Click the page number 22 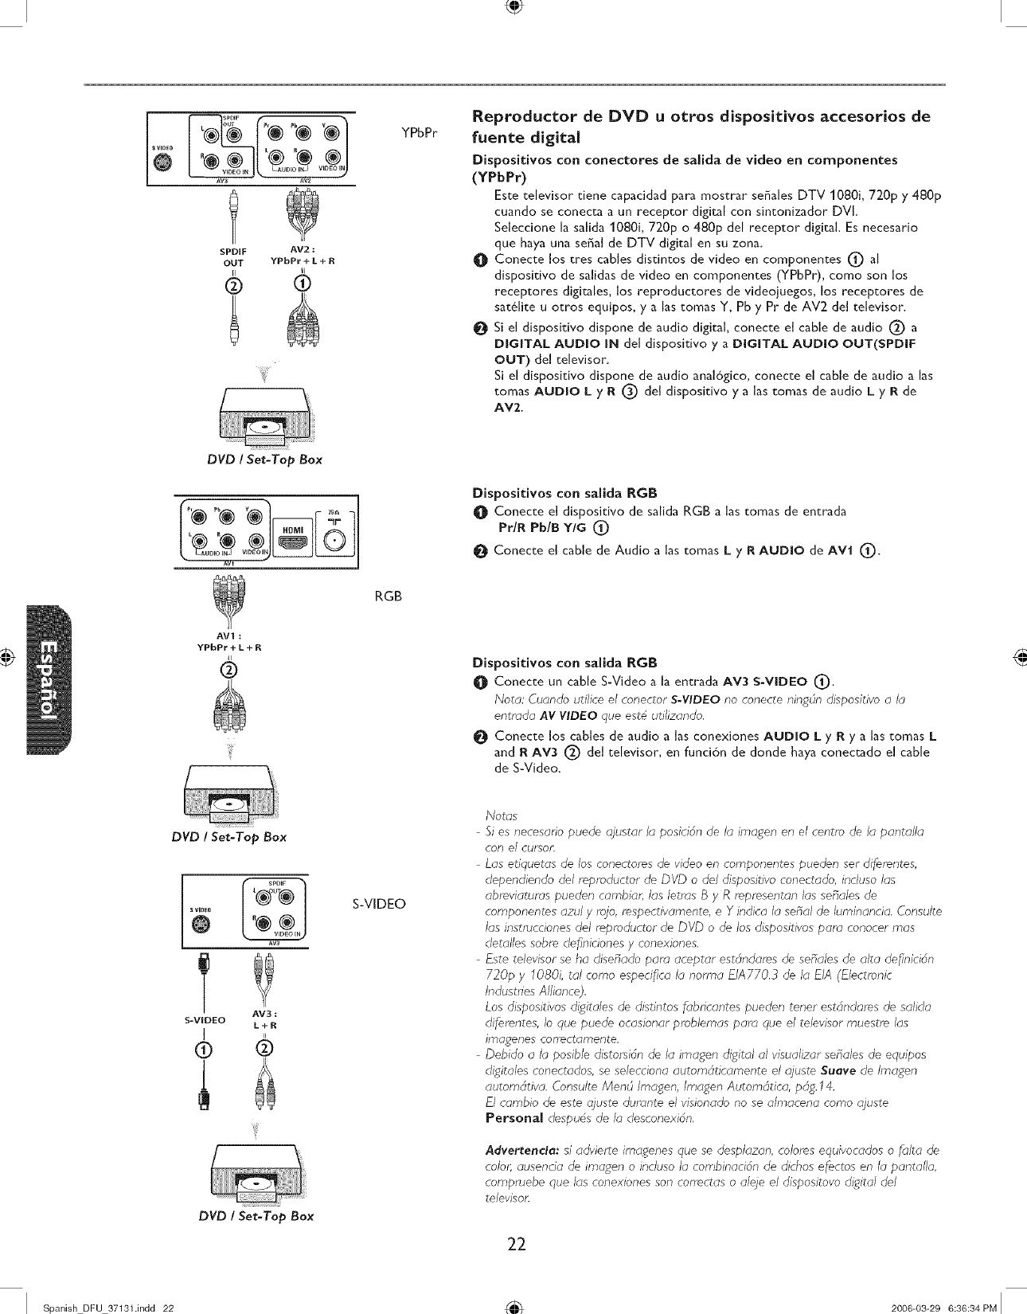(517, 1243)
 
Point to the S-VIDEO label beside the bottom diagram (379, 903)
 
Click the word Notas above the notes (502, 815)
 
